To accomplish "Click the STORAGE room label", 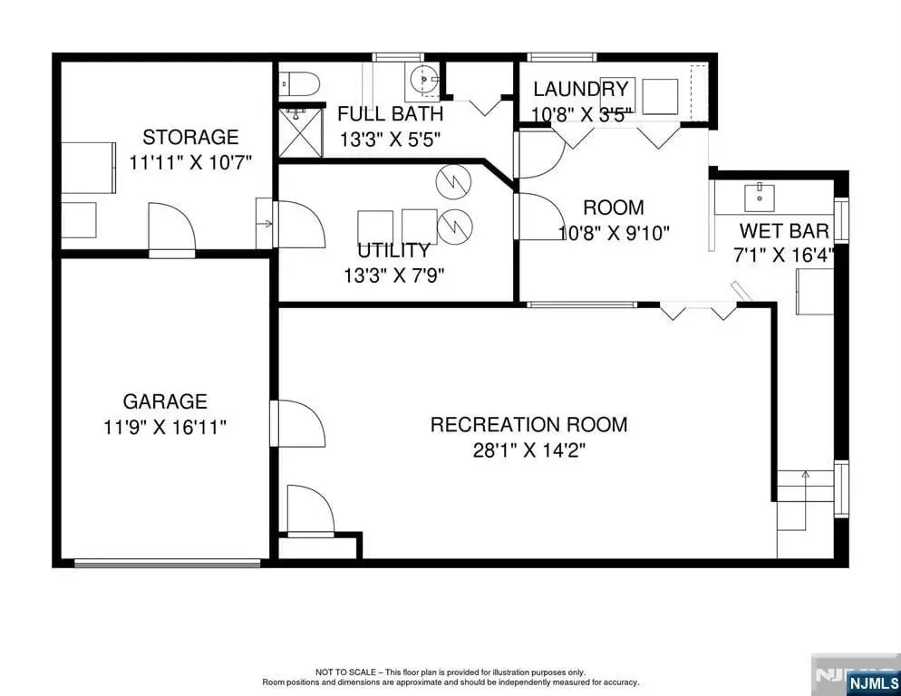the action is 190,138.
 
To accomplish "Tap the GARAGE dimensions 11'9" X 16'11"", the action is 165,428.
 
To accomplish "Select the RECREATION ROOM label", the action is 528,425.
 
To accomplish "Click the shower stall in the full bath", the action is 301,131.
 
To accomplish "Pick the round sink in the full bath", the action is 423,79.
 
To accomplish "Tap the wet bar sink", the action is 760,198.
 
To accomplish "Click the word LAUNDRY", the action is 581,89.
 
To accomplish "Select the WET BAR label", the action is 784,231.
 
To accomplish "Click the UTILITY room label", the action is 393,251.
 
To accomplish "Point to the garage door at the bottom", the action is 167,564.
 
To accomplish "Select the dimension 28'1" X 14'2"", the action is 529,450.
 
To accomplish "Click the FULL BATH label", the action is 390,114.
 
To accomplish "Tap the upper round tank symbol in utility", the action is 453,182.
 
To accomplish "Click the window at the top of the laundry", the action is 560,57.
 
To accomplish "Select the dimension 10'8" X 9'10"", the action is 615,233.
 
